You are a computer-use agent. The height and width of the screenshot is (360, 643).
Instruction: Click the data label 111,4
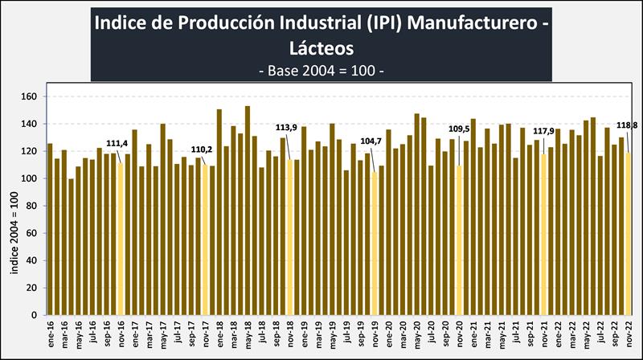(x=117, y=143)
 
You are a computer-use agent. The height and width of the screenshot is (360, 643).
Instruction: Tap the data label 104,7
(x=371, y=141)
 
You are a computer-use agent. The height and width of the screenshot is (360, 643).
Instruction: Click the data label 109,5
(x=457, y=129)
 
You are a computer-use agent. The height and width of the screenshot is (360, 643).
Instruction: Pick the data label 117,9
(x=544, y=131)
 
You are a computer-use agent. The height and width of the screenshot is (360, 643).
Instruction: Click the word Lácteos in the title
(x=322, y=47)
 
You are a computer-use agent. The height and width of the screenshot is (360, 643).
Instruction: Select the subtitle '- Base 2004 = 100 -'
(x=322, y=70)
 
